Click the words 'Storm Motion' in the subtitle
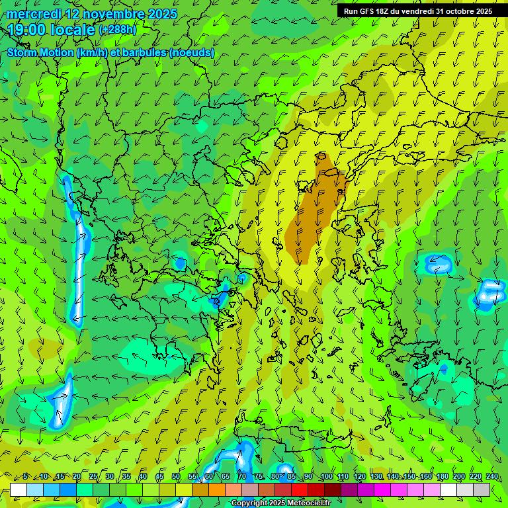[x=39, y=53]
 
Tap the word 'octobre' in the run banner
[x=458, y=11]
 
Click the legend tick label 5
[x=25, y=477]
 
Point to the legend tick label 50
[x=176, y=477]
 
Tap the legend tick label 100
[x=327, y=477]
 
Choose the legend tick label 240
[x=491, y=477]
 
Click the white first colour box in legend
[x=19, y=489]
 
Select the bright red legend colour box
[x=300, y=489]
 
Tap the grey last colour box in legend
[x=482, y=489]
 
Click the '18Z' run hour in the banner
[x=387, y=11]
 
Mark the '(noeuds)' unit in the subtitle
[x=192, y=53]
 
